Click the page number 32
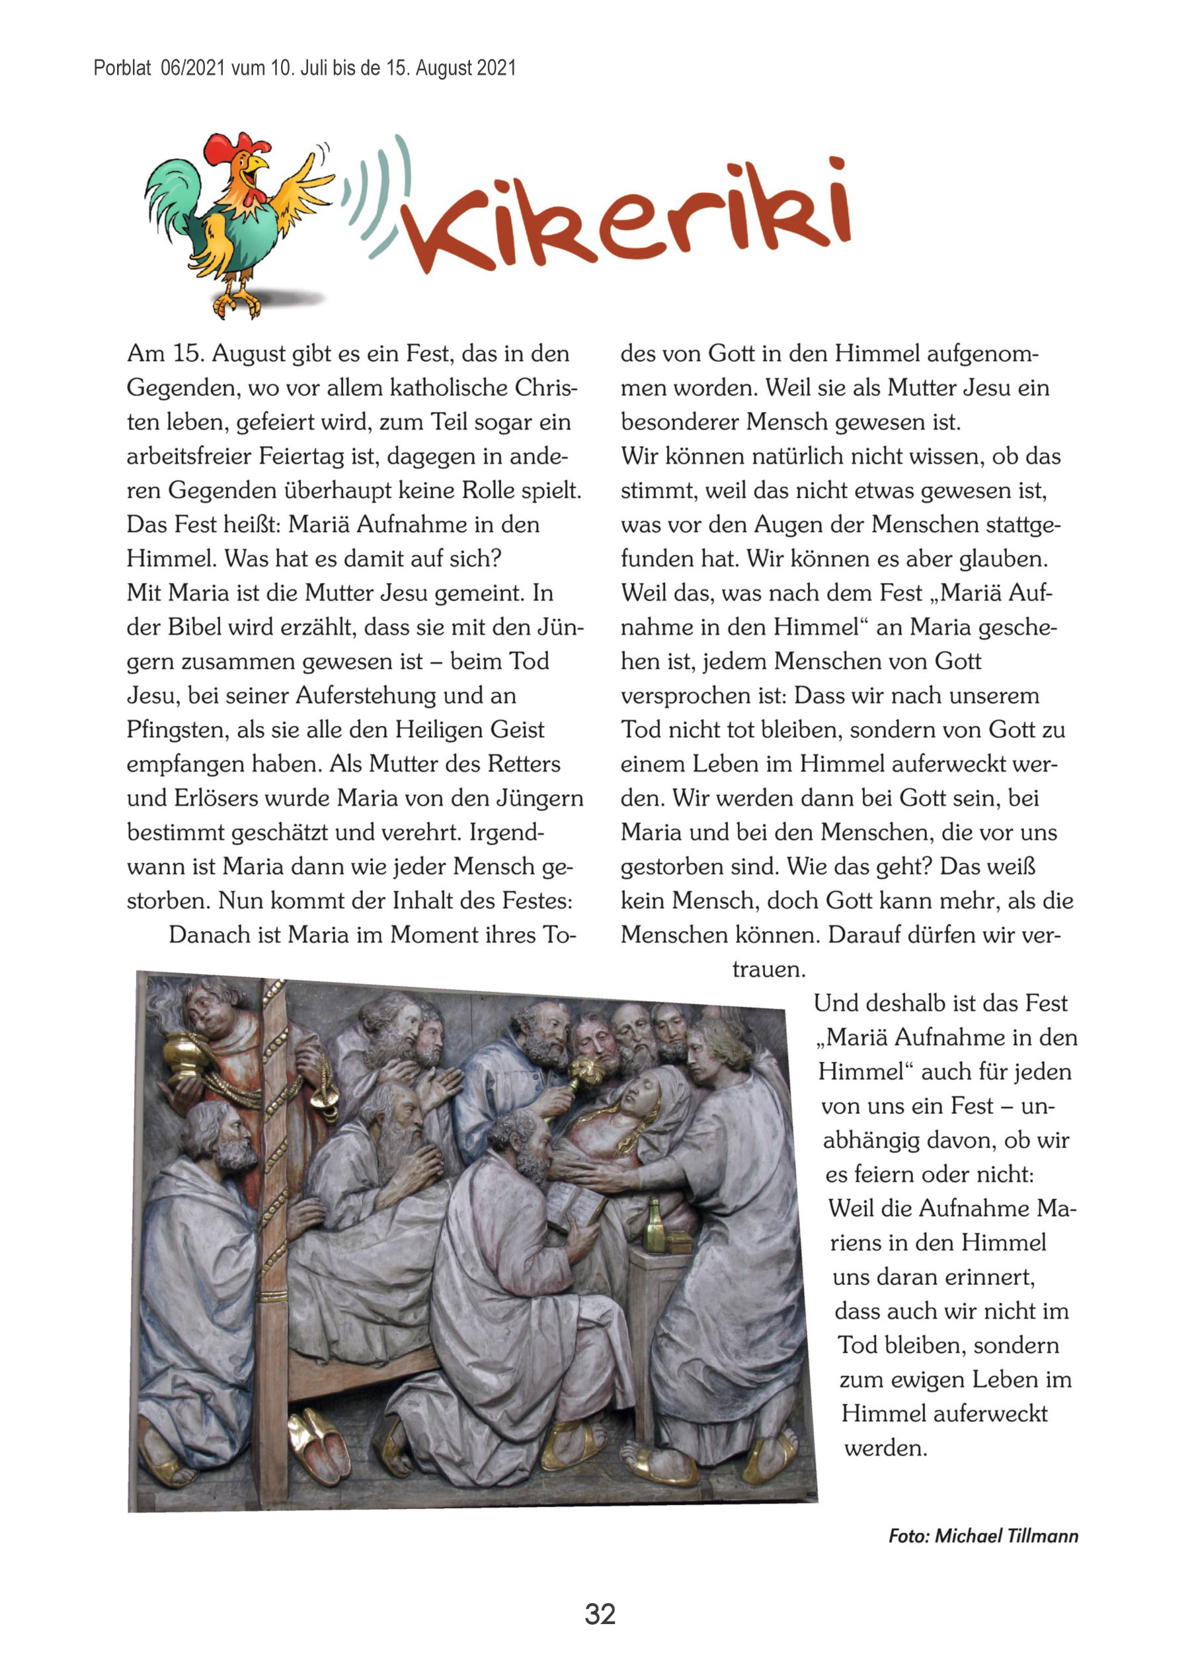coord(600,1613)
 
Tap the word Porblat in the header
coord(122,69)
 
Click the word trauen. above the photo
coord(768,969)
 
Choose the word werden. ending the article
coord(885,1448)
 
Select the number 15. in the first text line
coord(188,354)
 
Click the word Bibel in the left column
coord(194,628)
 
